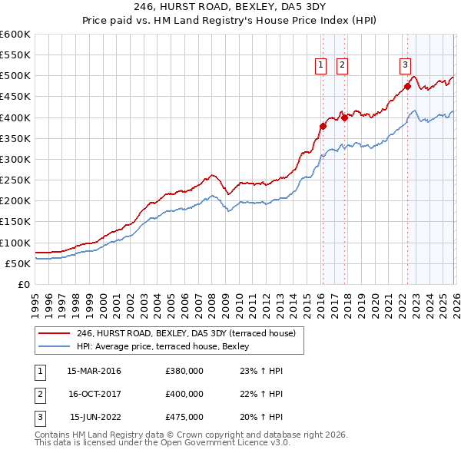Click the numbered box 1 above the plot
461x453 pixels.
[x=320, y=65]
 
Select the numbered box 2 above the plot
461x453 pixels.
[x=341, y=65]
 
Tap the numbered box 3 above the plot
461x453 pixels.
[x=405, y=65]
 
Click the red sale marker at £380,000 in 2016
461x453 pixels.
[x=323, y=126]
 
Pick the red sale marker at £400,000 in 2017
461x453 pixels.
[x=345, y=117]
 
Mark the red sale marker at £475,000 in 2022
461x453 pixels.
[x=408, y=87]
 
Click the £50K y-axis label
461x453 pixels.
[x=18, y=263]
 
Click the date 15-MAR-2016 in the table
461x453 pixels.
[x=94, y=371]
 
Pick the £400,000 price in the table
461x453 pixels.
[x=184, y=394]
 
